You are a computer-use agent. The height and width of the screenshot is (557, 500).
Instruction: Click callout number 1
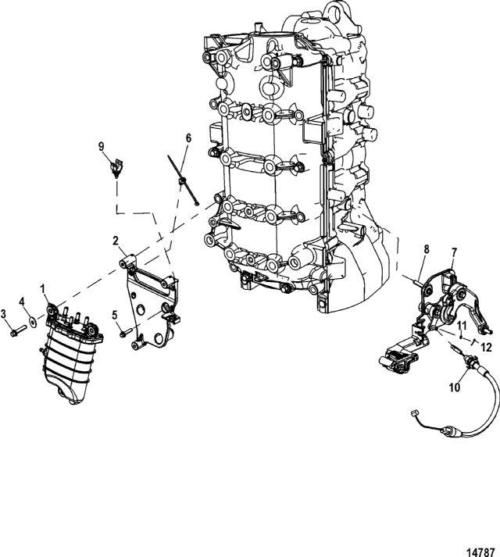[43, 289]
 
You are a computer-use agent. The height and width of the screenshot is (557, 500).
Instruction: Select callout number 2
[116, 241]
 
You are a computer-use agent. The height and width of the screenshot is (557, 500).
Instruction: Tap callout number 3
[4, 314]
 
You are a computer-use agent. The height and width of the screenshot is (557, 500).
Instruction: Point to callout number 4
[23, 302]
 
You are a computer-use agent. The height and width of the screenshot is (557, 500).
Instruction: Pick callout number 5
[114, 315]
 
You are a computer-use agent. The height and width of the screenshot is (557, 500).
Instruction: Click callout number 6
[188, 137]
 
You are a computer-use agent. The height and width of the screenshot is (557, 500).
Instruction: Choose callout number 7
[455, 252]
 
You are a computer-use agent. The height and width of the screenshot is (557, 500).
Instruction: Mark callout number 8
[427, 249]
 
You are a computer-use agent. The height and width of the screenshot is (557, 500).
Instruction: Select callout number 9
[102, 145]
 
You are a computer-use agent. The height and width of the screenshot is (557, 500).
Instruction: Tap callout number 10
[455, 387]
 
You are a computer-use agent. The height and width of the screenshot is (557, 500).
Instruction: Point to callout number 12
[487, 347]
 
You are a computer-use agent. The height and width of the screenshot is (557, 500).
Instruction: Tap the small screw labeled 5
[126, 334]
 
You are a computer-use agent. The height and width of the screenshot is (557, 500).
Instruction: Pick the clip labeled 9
[116, 168]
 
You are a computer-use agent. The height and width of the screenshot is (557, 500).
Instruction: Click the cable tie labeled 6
[183, 180]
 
